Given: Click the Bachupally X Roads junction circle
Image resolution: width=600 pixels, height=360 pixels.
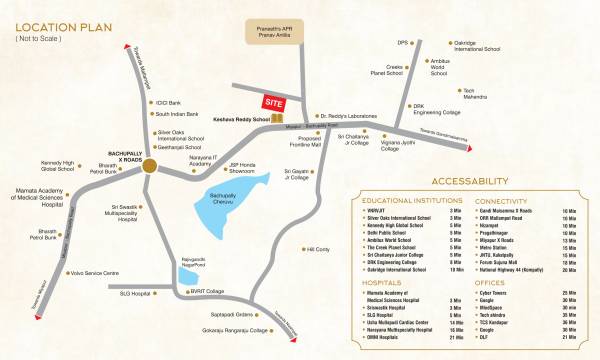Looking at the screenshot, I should coord(147,167).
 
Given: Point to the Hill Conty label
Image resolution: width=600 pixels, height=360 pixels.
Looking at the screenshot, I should coord(319,249).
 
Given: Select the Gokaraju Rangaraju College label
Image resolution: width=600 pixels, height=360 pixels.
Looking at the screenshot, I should coord(238,329).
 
